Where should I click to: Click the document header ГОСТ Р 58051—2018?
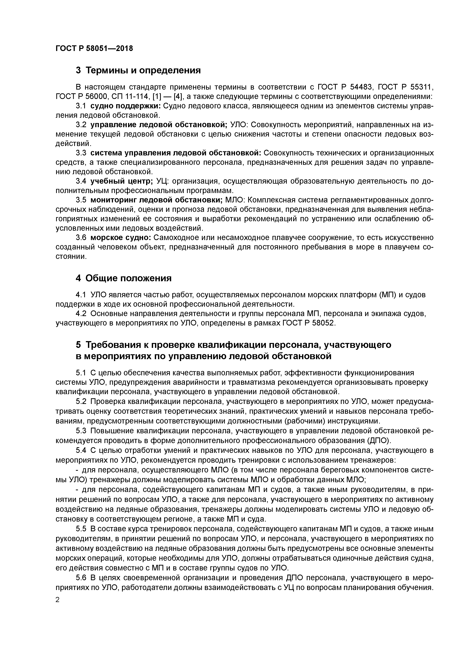(94, 48)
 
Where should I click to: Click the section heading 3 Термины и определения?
(138, 70)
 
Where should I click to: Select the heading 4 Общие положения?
(124, 278)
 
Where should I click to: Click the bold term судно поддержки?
(125, 106)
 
